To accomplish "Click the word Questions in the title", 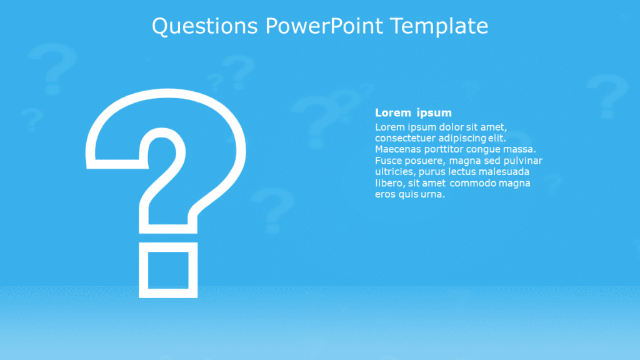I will [x=205, y=26].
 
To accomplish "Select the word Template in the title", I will [x=439, y=26].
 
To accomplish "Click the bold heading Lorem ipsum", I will [x=413, y=113].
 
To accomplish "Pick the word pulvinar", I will [x=522, y=161].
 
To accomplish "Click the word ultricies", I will [x=394, y=172].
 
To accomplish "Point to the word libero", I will [x=389, y=183].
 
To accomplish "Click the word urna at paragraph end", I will [x=434, y=194].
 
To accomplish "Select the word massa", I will [x=521, y=149].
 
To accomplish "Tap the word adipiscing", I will [x=463, y=138].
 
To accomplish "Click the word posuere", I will [x=425, y=161].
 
